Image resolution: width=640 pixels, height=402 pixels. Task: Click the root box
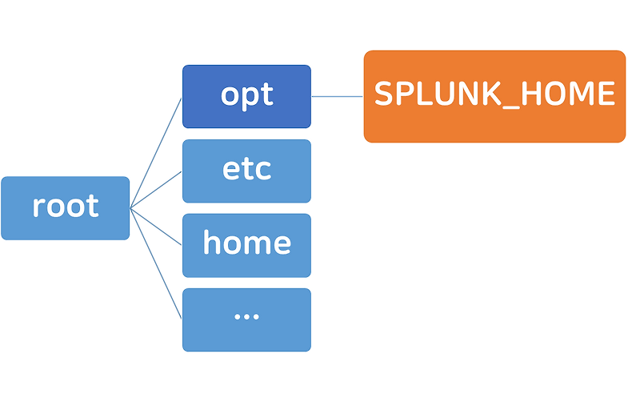[66, 207]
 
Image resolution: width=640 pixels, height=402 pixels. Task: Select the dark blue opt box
[246, 96]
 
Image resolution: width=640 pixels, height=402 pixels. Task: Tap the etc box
[246, 171]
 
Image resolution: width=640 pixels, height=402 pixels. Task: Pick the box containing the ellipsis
[246, 319]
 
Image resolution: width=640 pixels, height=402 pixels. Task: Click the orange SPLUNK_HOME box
[494, 96]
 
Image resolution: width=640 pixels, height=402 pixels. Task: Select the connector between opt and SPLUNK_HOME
[337, 97]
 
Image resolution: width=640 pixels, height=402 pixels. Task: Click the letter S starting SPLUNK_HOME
[385, 94]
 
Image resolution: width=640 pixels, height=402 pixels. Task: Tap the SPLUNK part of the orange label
[439, 94]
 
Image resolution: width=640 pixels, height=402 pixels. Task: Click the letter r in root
[38, 207]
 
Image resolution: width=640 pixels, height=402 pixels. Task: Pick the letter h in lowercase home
[212, 242]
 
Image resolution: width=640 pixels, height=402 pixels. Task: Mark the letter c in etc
[262, 171]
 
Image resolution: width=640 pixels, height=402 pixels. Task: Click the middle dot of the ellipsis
[246, 317]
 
